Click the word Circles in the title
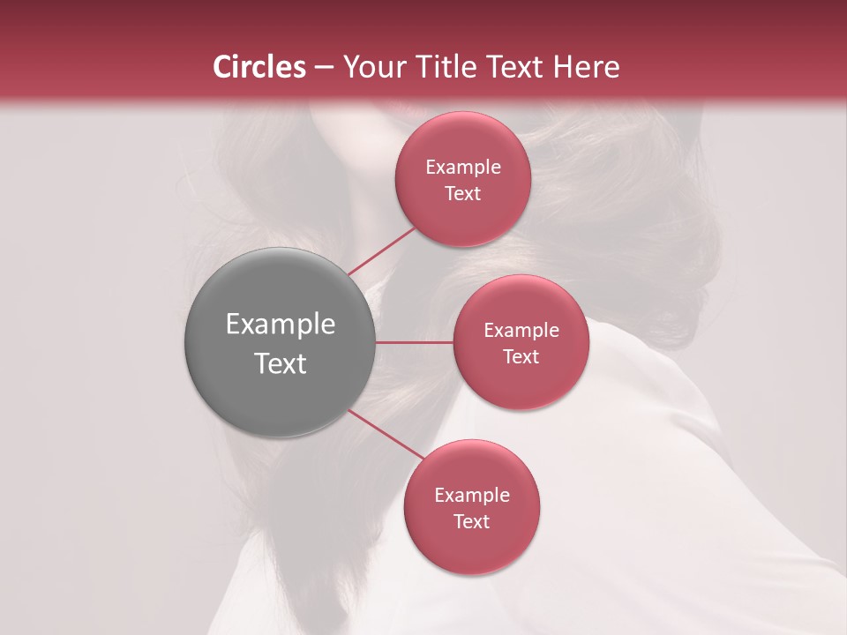coord(259,67)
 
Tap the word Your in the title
coord(371,67)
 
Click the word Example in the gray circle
coord(281,325)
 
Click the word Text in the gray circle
coord(281,363)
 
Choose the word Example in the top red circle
coord(463,167)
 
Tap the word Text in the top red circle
coord(463,193)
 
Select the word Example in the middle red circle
coord(521,330)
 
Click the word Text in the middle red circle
coord(521,356)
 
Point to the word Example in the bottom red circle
coord(472,495)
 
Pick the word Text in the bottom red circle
coord(472,521)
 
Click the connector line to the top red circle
coord(382,250)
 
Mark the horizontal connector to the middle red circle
coord(415,342)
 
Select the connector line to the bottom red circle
coord(386,434)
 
